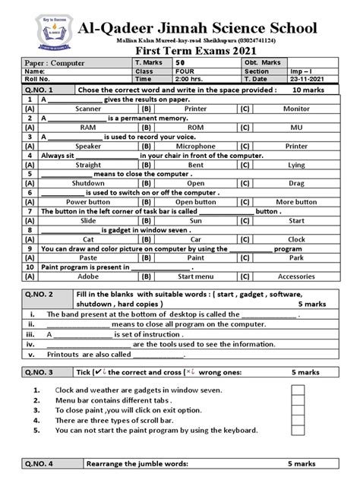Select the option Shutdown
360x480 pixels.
[88, 183]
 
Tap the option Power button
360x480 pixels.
[88, 201]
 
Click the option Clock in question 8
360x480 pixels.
[296, 238]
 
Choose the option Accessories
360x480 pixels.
[296, 276]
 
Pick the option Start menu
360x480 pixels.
[195, 276]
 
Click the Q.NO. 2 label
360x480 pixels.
[43, 293]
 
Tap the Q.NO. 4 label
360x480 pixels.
[43, 463]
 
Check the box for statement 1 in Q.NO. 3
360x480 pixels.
[298, 390]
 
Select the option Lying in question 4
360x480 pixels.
[296, 164]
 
